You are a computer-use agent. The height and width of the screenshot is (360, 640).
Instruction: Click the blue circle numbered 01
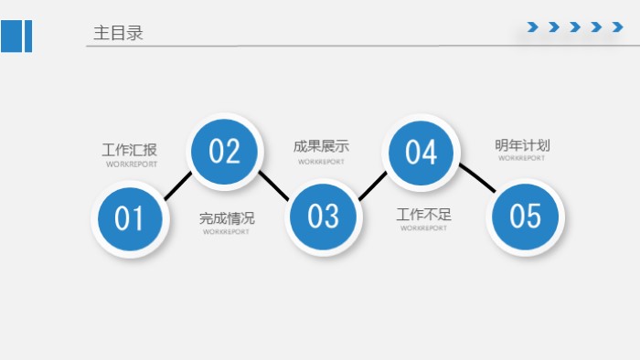point(129,219)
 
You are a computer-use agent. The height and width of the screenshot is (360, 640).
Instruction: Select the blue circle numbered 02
point(225,151)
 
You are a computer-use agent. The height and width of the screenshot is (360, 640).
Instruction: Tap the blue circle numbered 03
point(323,216)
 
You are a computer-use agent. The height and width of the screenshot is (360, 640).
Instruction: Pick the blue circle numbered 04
point(421,152)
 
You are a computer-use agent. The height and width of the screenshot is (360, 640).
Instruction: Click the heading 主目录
point(118,33)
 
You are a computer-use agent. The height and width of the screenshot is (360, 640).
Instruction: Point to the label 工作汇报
point(130,150)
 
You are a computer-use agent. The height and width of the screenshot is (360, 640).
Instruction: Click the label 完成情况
point(227,218)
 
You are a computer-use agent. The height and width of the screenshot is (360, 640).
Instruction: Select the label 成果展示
point(321,146)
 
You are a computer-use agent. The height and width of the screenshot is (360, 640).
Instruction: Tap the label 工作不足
point(423,215)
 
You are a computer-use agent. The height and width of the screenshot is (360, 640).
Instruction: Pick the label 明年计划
point(522,145)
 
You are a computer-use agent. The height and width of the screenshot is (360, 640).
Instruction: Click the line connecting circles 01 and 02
point(177,185)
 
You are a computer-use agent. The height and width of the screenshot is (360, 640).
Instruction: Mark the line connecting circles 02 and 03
point(273,185)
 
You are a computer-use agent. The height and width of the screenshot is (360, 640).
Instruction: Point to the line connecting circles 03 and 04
point(372,185)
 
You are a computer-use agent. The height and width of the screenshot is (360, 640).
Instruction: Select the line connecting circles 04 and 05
point(476,178)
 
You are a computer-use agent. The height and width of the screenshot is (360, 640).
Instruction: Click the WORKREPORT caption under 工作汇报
point(131,164)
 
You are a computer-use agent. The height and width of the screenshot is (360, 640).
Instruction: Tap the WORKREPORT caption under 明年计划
point(522,158)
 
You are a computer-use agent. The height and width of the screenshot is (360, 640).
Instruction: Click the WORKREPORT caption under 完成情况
point(226,232)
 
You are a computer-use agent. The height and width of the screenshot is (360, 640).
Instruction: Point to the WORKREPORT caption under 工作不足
point(424,228)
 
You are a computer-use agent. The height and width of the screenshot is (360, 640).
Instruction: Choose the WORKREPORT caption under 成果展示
point(321,162)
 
